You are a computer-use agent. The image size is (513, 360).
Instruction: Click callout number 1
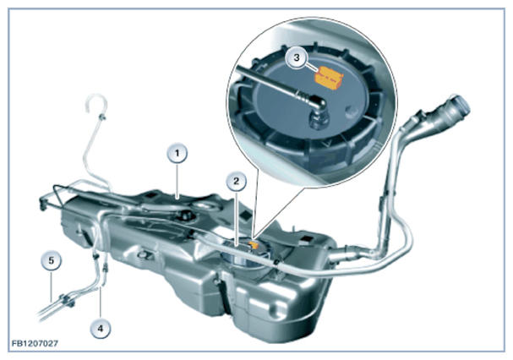tap(177, 153)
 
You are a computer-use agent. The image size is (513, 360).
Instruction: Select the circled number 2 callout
tap(236, 180)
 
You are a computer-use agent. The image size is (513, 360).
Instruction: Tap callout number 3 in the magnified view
tap(297, 58)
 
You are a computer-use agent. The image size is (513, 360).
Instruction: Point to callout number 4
tap(101, 328)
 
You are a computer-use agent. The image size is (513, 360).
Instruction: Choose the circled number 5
tap(51, 261)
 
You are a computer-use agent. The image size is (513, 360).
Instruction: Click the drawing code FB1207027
tap(35, 343)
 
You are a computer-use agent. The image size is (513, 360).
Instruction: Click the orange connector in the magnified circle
tap(329, 77)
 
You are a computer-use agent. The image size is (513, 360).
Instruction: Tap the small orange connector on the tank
tap(254, 244)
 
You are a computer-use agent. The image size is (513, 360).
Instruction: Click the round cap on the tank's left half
tap(186, 215)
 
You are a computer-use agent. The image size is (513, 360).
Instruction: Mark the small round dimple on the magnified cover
tap(352, 112)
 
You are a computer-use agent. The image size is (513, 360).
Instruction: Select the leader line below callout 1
tap(177, 181)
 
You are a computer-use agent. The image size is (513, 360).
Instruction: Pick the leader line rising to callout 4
tap(101, 303)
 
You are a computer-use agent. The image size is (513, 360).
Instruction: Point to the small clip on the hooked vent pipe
tap(103, 117)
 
